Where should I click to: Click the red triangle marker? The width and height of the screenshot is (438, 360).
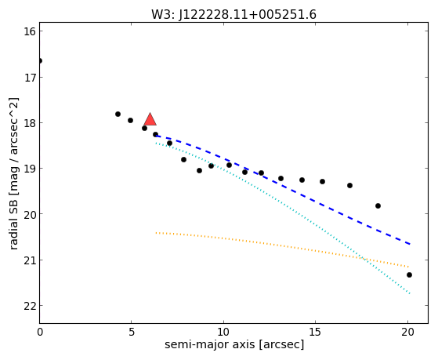[150, 119]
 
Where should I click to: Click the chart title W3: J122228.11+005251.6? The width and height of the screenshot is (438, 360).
[233, 14]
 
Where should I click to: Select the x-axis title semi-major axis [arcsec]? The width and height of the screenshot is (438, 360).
[234, 344]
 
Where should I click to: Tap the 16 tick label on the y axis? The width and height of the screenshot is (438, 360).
[30, 31]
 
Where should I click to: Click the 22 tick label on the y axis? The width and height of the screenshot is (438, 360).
[30, 306]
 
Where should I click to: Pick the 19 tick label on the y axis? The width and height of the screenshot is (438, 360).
[30, 169]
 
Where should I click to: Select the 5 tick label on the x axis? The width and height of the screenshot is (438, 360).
[132, 332]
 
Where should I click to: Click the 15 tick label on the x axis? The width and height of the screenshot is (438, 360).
[315, 332]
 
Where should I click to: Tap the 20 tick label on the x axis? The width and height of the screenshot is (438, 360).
[407, 332]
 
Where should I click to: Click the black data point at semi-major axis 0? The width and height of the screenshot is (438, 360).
[40, 60]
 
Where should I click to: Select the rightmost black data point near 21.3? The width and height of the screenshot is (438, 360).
[409, 275]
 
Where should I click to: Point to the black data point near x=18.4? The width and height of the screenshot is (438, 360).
[378, 205]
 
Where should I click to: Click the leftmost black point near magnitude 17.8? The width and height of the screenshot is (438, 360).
[118, 115]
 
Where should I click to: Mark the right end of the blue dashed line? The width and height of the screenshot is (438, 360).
[410, 244]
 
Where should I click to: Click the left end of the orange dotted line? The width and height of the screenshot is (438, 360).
[156, 232]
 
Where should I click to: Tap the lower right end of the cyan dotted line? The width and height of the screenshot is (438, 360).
[410, 293]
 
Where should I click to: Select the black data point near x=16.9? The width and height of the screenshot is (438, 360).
[349, 185]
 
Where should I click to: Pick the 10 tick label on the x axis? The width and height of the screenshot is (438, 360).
[223, 332]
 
